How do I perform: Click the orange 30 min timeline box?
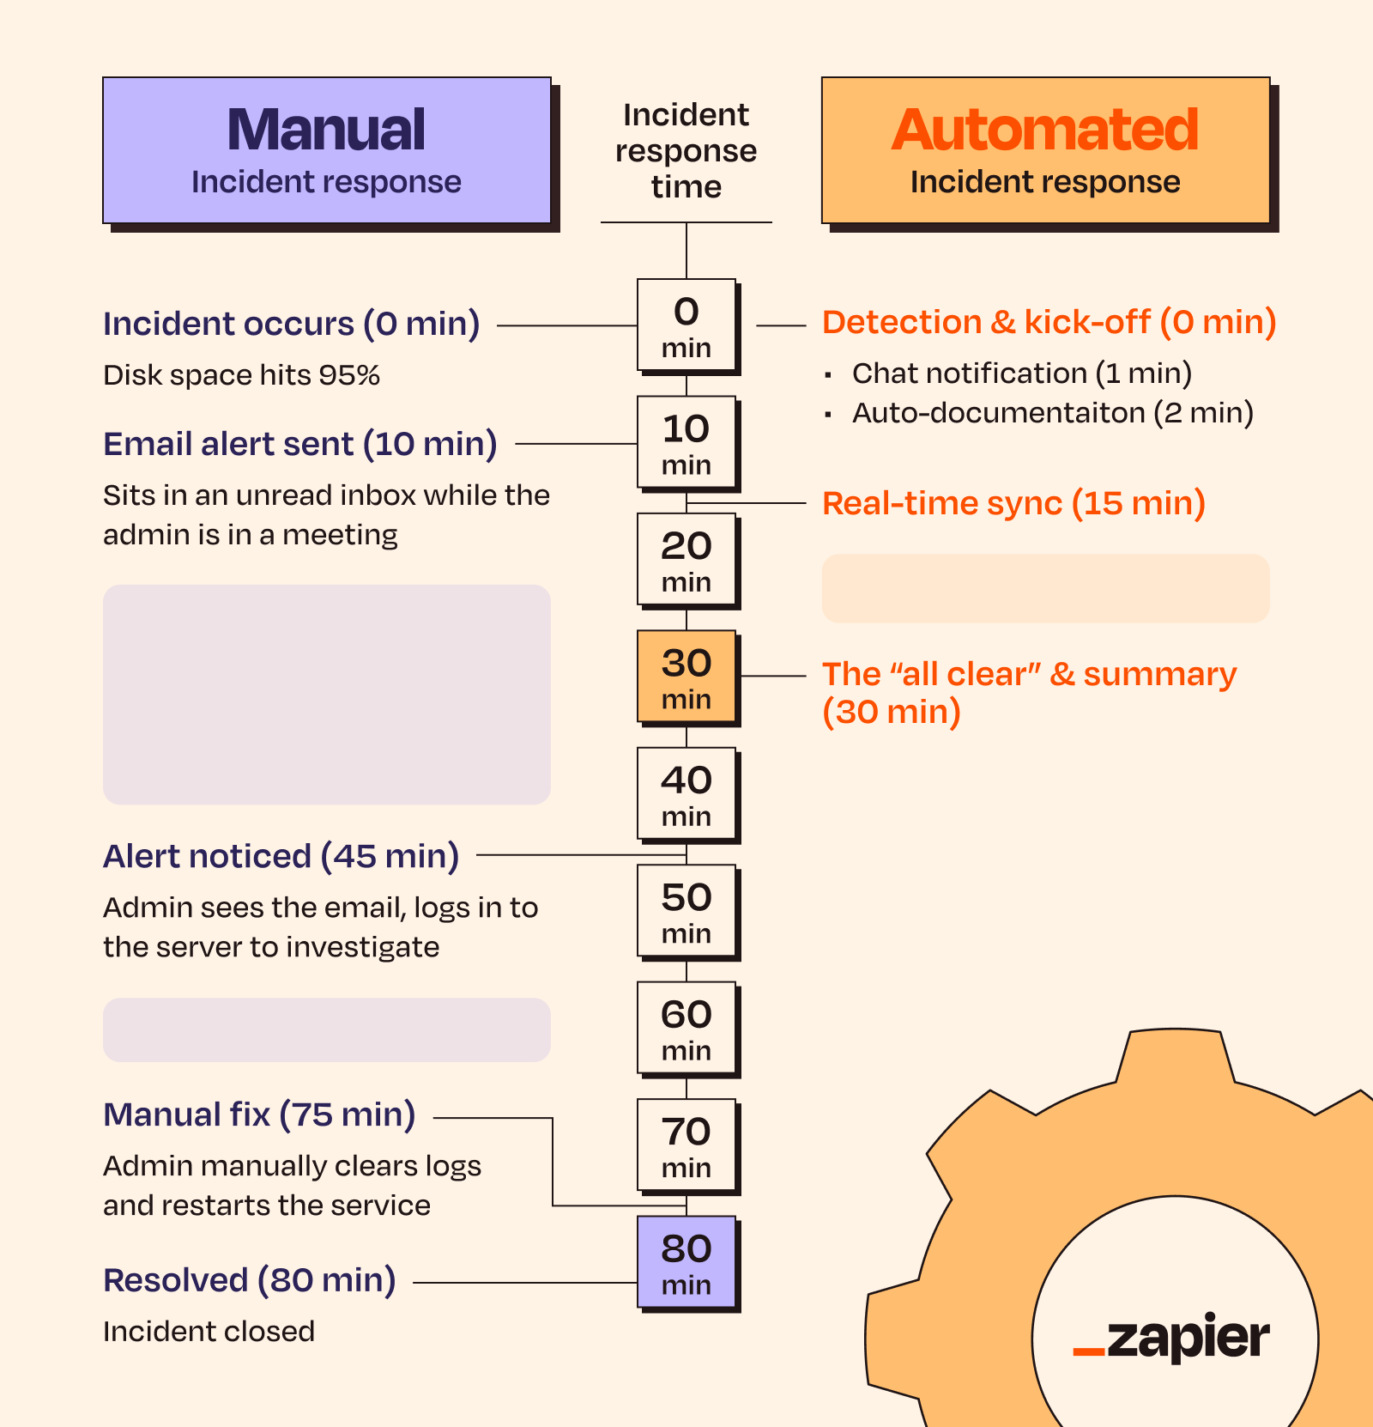pos(686,677)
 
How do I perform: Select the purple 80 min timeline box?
pos(686,1262)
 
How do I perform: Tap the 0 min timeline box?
pos(686,325)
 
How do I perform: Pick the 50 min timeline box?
pos(686,911)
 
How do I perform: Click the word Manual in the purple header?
pos(326,130)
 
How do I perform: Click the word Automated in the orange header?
pos(1044,130)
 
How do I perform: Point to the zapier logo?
pos(1171,1337)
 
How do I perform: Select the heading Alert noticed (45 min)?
pos(281,856)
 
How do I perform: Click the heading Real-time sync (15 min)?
pos(1013,503)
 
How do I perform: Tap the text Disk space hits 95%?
pos(241,375)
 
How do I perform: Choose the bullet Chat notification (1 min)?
pos(1021,373)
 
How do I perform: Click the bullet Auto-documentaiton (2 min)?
pos(1052,413)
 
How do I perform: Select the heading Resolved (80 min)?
pos(249,1280)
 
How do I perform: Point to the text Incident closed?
pos(209,1332)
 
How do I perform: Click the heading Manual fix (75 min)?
pos(259,1114)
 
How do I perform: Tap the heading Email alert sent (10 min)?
pos(300,444)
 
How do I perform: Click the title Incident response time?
pos(686,150)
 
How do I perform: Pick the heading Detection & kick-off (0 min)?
pos(1049,322)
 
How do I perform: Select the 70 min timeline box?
pos(686,1145)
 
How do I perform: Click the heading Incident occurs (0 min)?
pos(291,324)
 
